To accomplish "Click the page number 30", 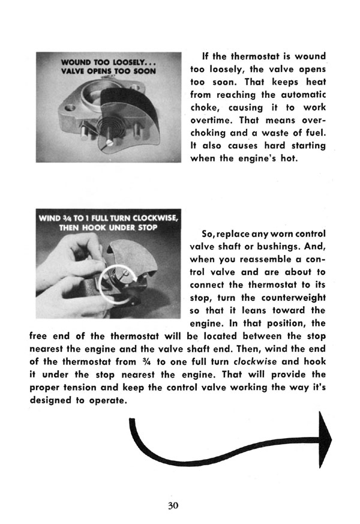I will pos(173,505).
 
